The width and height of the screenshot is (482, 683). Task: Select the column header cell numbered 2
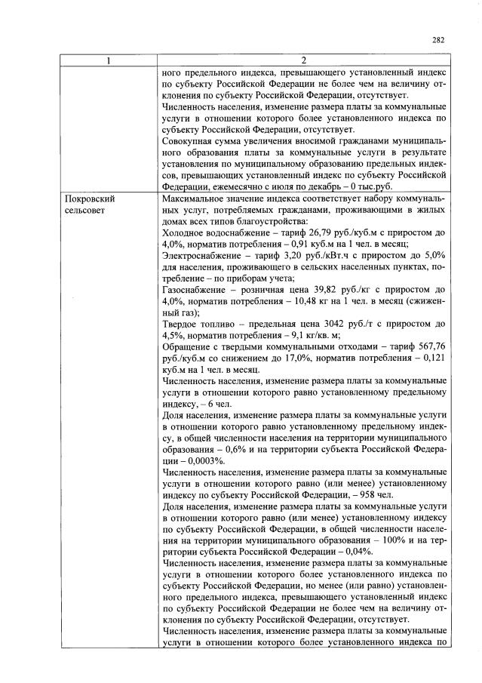[x=304, y=60]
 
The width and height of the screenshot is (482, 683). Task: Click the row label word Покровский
[x=89, y=198]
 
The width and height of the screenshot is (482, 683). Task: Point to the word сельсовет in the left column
[x=85, y=210]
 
